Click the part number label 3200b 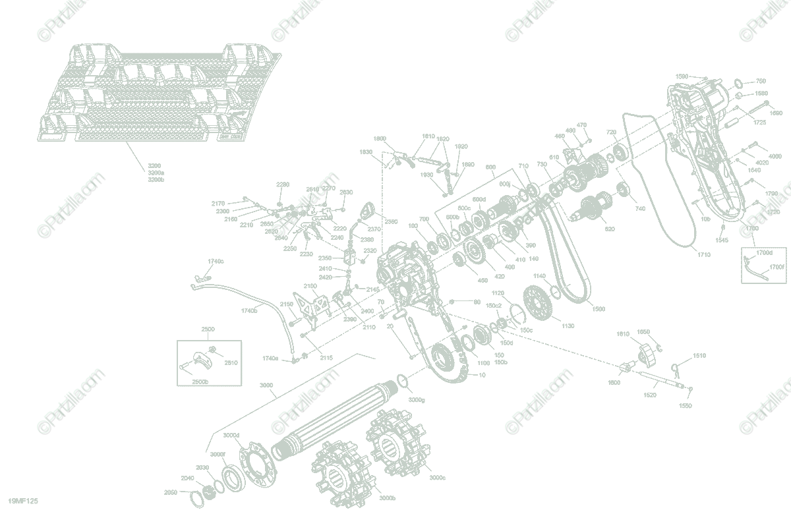[x=156, y=179]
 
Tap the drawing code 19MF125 [x=19, y=501]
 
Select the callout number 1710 [x=704, y=254]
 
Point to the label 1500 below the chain [x=598, y=308]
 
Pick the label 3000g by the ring [x=417, y=400]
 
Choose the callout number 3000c [x=437, y=477]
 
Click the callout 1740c [x=216, y=262]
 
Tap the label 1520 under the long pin [x=649, y=394]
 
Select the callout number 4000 [x=775, y=156]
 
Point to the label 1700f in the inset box [x=776, y=267]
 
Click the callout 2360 [x=391, y=221]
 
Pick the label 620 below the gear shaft [x=609, y=229]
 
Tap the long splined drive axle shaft [x=336, y=422]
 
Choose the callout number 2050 [x=171, y=492]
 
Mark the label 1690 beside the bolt [x=776, y=113]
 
